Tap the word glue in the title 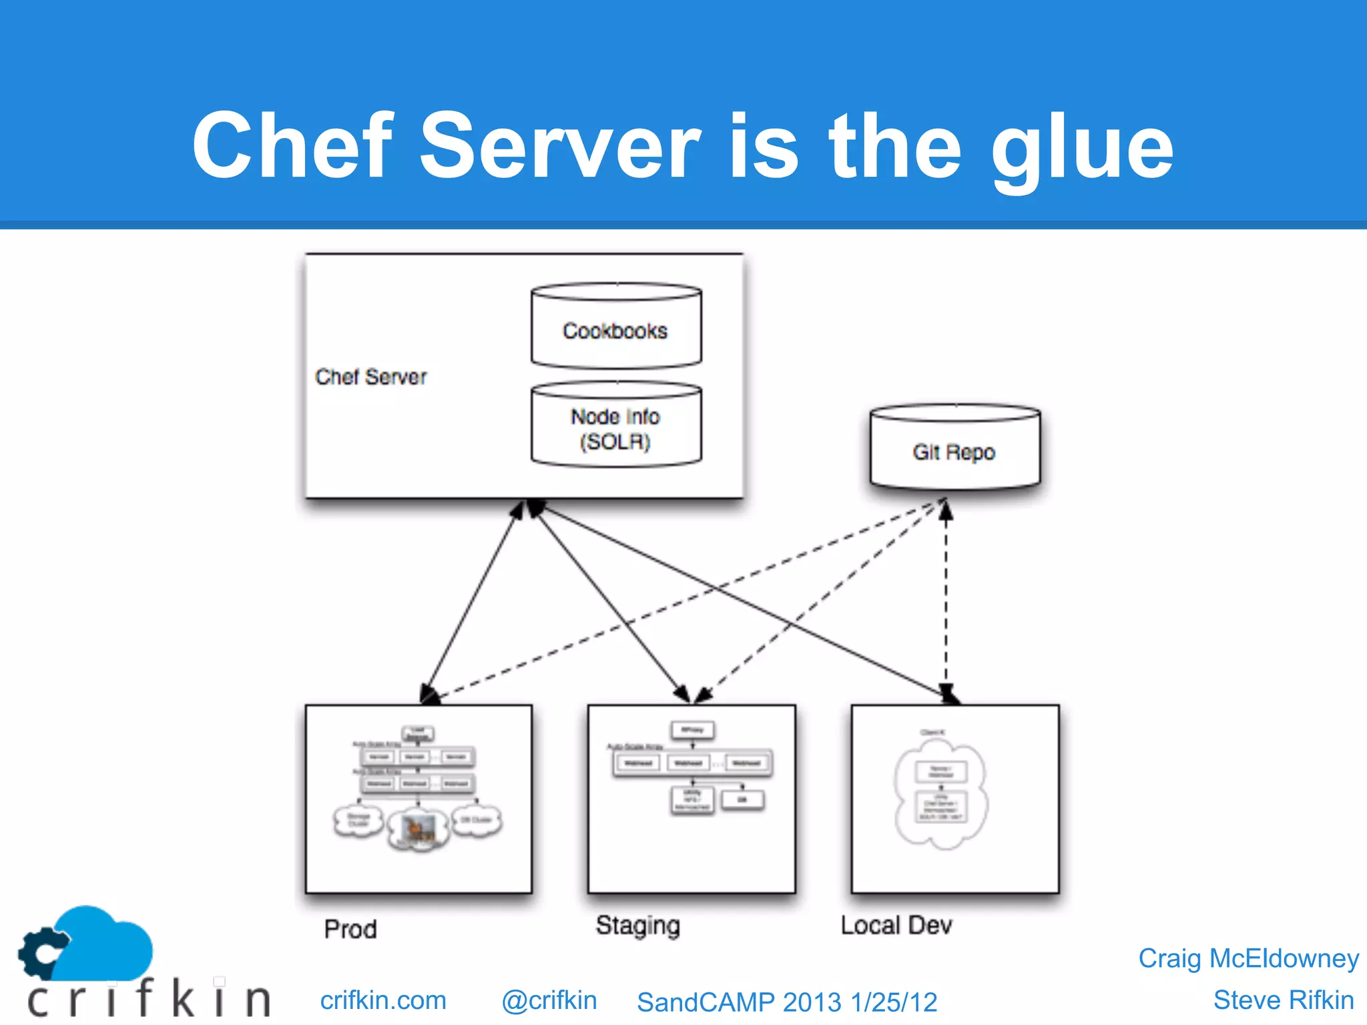(1082, 148)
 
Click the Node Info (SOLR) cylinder (615, 427)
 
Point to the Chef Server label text (370, 377)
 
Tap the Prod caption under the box (350, 929)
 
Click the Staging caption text (637, 926)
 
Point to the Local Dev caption (896, 926)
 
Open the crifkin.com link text (383, 1000)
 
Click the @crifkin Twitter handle (549, 1000)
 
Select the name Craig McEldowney (1248, 958)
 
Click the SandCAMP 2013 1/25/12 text (787, 1002)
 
